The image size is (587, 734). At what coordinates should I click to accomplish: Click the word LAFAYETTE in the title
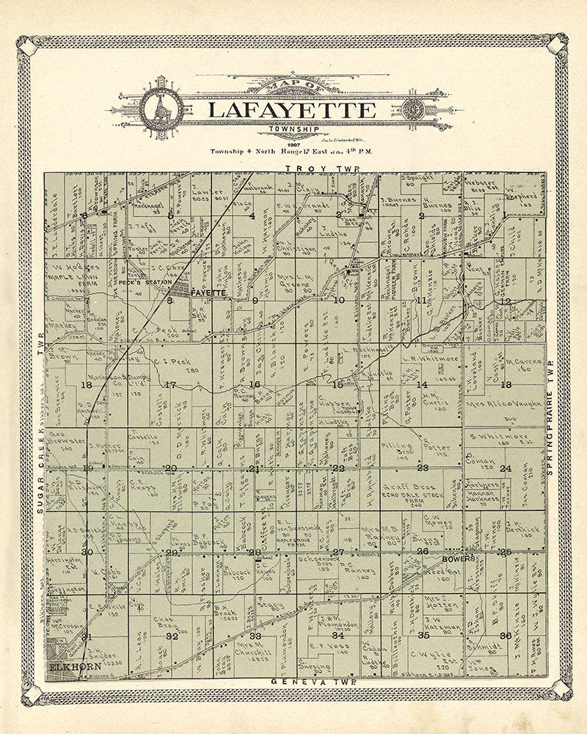(x=291, y=110)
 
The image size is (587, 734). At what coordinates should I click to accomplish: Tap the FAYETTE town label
(x=207, y=293)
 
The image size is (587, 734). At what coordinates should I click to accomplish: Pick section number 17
(x=170, y=385)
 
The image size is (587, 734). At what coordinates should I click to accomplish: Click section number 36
(x=505, y=636)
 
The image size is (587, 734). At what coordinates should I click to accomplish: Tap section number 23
(x=423, y=468)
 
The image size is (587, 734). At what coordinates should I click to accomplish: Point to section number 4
(x=252, y=216)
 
